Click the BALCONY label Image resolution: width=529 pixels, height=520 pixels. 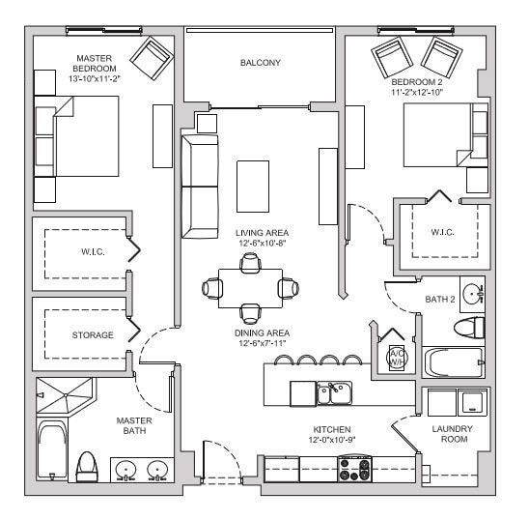pos(260,63)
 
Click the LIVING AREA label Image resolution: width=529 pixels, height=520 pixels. pos(261,233)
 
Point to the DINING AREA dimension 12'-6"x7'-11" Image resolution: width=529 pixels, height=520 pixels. pos(261,342)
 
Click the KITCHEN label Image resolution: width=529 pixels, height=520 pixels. pos(331,428)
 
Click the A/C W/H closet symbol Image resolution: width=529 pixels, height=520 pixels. pos(396,353)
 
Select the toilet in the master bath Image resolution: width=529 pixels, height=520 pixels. pos(87,467)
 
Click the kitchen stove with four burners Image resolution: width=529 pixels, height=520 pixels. pos(354,470)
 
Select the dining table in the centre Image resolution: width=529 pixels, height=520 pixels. pos(251,288)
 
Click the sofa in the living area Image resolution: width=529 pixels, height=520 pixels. pos(200,186)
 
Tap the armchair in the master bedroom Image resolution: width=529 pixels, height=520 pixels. pos(152,59)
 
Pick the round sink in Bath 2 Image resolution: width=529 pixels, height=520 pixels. pos(472,292)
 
